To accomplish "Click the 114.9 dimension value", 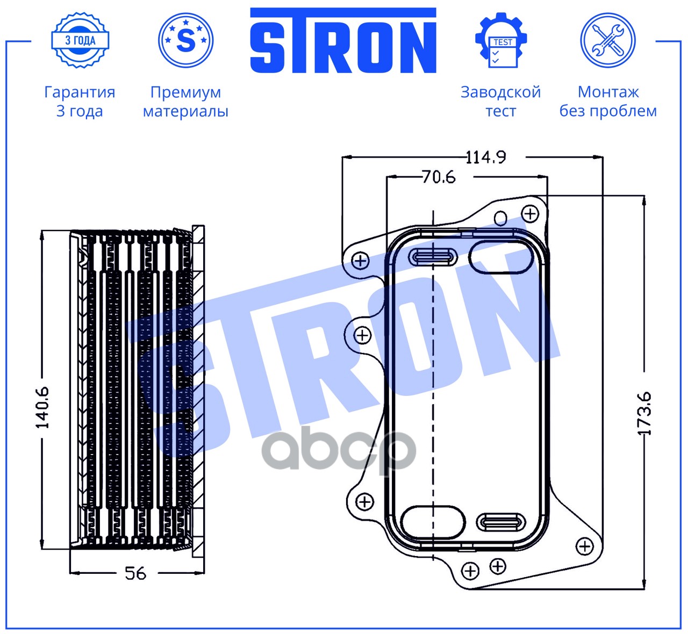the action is (485, 157).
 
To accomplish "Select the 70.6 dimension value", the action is (439, 177).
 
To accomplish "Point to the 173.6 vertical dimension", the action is (644, 413).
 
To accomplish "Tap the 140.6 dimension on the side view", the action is (42, 407).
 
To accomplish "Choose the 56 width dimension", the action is (135, 573).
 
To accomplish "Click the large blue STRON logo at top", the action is (343, 40).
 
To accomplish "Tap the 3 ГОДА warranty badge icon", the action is (80, 40).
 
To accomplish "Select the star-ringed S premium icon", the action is (185, 40).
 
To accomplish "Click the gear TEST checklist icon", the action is (501, 40).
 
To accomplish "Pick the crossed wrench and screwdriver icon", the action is (608, 40).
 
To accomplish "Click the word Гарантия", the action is (80, 92).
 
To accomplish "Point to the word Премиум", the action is (185, 92).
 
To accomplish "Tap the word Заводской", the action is (500, 92).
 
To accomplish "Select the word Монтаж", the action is (608, 92).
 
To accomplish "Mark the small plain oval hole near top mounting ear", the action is (500, 218).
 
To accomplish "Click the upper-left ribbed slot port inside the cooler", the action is (433, 257).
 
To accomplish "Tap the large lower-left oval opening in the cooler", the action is (433, 522).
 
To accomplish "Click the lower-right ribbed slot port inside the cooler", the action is (501, 522).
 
